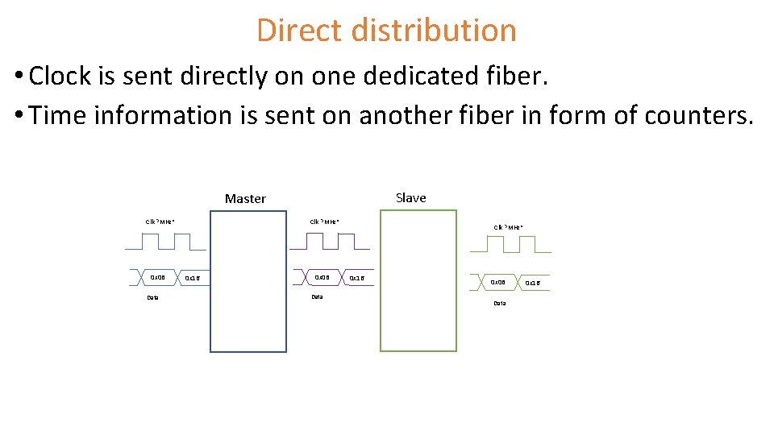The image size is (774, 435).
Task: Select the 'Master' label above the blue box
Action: [x=245, y=198]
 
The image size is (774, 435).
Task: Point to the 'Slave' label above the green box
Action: [x=411, y=197]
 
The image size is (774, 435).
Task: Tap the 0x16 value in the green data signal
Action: [x=533, y=284]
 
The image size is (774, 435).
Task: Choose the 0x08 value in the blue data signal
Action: [x=157, y=278]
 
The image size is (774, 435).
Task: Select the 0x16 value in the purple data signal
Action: [x=356, y=279]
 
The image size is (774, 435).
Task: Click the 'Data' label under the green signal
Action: [x=499, y=303]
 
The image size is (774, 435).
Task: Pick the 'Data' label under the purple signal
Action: [x=317, y=296]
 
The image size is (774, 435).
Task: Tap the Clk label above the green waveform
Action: [x=508, y=227]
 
